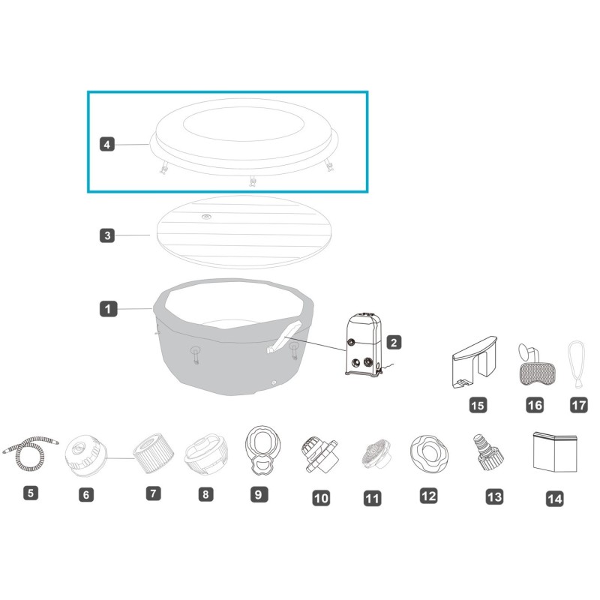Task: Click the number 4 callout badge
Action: pyautogui.click(x=107, y=144)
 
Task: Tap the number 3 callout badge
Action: pyautogui.click(x=107, y=235)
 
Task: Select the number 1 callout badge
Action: pyautogui.click(x=108, y=309)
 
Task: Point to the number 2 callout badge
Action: pyautogui.click(x=394, y=342)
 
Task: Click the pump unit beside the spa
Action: pyautogui.click(x=364, y=345)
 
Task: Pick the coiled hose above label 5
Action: pyautogui.click(x=31, y=453)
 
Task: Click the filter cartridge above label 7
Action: pyautogui.click(x=154, y=454)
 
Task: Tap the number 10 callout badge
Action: pyautogui.click(x=321, y=498)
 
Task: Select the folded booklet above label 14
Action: pyautogui.click(x=555, y=452)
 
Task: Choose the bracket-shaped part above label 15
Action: pyautogui.click(x=475, y=362)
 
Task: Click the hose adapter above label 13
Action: pyautogui.click(x=486, y=452)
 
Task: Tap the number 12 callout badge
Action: pyautogui.click(x=428, y=496)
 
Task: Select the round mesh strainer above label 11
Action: pyautogui.click(x=376, y=454)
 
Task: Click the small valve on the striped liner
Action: pyautogui.click(x=207, y=217)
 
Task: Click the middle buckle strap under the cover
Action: pyautogui.click(x=252, y=181)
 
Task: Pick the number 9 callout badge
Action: pyautogui.click(x=259, y=494)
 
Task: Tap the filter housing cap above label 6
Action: pyautogui.click(x=85, y=455)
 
